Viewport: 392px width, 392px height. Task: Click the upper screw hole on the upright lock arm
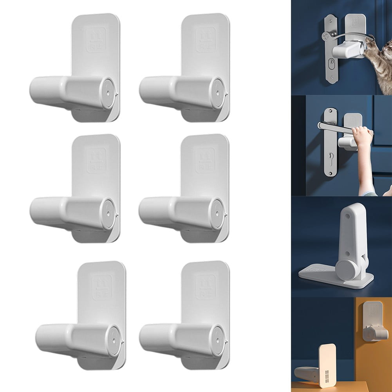[347, 215]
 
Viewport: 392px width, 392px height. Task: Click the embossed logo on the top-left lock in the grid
[96, 40]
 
